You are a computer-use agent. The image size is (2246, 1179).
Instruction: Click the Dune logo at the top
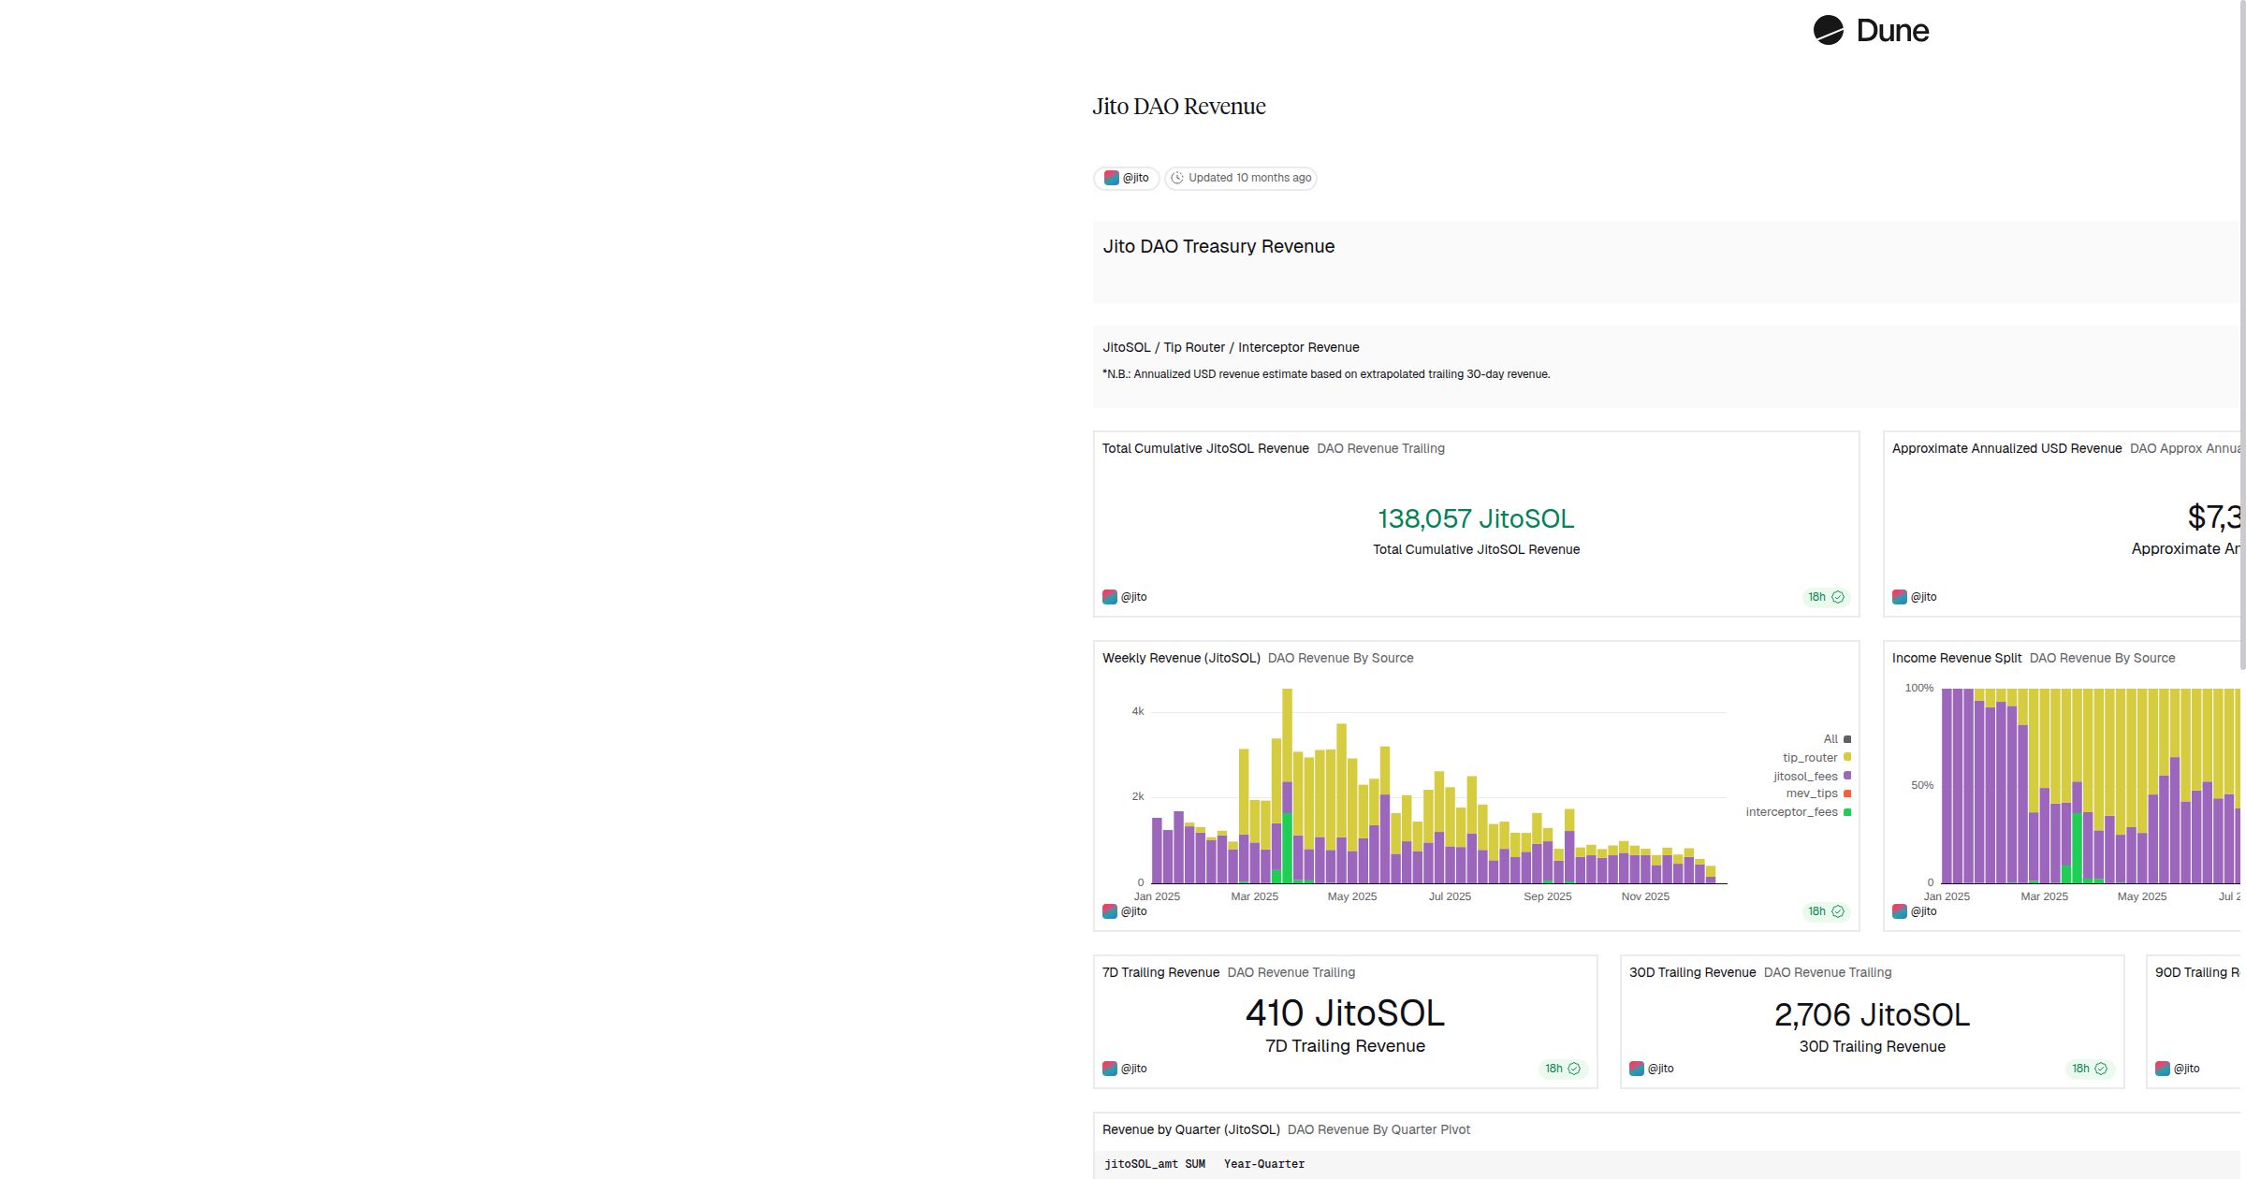point(1870,31)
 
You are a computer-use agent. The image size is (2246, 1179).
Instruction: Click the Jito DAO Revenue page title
point(1178,107)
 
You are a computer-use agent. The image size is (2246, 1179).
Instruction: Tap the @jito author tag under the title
point(1127,178)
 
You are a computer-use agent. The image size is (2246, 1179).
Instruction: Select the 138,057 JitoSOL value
point(1475,518)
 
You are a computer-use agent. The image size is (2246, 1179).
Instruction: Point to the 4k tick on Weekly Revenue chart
point(1138,711)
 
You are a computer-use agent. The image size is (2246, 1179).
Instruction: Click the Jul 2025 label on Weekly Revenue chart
point(1450,896)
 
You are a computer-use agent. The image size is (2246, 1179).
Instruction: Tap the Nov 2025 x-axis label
point(1645,896)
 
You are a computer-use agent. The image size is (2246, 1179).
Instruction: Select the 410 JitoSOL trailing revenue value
point(1345,1013)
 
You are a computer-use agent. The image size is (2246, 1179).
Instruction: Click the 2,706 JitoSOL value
point(1872,1015)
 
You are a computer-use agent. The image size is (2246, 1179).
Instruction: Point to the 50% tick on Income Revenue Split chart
point(1921,785)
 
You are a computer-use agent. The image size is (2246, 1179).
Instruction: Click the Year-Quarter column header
point(1263,1164)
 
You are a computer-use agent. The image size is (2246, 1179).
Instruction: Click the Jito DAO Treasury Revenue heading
point(1218,246)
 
